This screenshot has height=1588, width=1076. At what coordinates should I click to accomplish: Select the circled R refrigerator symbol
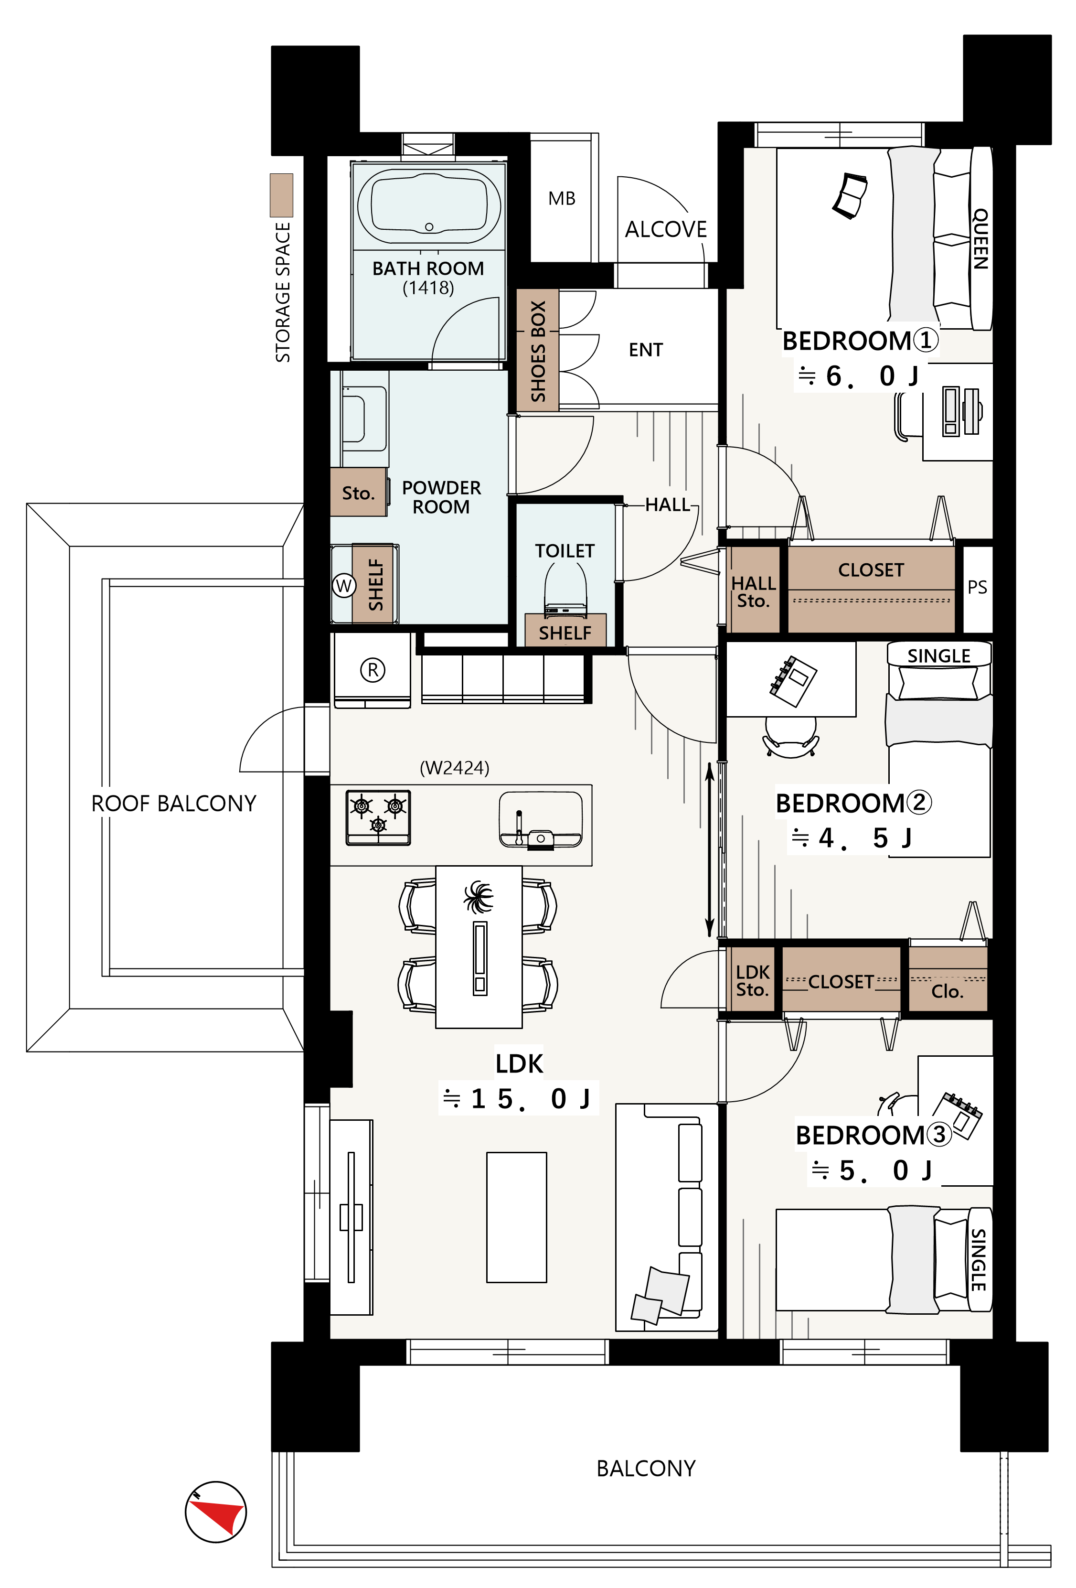[x=373, y=670]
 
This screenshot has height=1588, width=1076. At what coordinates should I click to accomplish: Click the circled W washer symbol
[x=344, y=586]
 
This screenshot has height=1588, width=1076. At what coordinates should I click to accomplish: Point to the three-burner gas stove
[x=378, y=817]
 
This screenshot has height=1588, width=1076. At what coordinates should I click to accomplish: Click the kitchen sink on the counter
[x=541, y=820]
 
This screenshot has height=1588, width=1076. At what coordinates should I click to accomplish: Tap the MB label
[x=562, y=199]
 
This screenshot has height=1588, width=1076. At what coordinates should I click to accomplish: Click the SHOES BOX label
[x=538, y=351]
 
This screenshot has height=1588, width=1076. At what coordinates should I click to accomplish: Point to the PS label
[x=977, y=587]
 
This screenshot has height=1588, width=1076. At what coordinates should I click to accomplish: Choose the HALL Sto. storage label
[x=754, y=592]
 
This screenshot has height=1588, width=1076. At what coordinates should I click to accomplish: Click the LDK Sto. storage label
[x=753, y=980]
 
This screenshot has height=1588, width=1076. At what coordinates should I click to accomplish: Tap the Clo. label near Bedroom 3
[x=947, y=991]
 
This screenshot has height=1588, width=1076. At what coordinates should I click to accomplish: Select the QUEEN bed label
[x=980, y=239]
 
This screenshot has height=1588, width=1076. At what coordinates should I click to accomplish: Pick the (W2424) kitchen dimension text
[x=454, y=768]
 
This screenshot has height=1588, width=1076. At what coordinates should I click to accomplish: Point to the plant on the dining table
[x=479, y=897]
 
